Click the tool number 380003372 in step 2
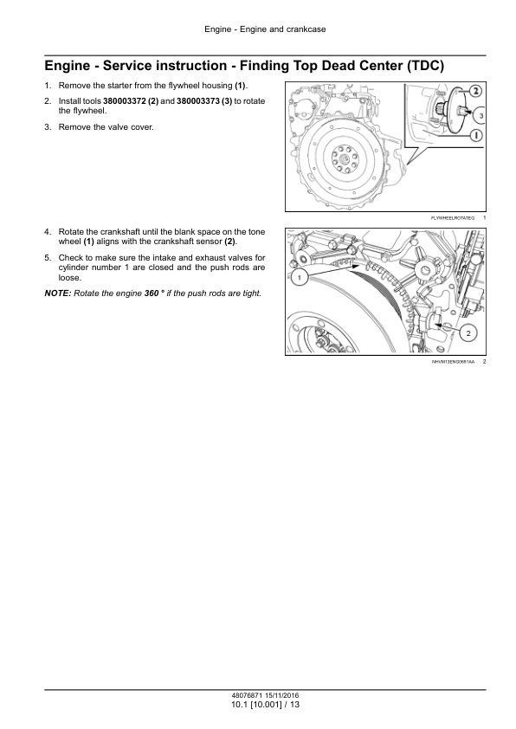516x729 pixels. click(x=125, y=101)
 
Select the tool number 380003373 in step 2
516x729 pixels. click(x=198, y=101)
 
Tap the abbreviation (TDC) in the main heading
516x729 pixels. click(x=425, y=66)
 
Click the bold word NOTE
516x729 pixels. click(x=58, y=294)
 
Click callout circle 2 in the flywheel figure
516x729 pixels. click(x=475, y=92)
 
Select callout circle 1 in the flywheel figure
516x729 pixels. click(x=475, y=135)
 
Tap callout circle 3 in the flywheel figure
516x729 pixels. click(x=481, y=115)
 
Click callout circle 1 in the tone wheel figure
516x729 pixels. click(x=300, y=278)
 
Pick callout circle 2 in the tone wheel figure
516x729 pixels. click(x=468, y=332)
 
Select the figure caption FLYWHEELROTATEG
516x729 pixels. click(x=453, y=218)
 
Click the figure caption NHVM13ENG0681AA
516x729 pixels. click(x=454, y=362)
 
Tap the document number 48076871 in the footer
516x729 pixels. click(x=247, y=695)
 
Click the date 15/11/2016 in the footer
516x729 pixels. click(x=282, y=695)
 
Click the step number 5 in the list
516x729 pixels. click(x=47, y=257)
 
